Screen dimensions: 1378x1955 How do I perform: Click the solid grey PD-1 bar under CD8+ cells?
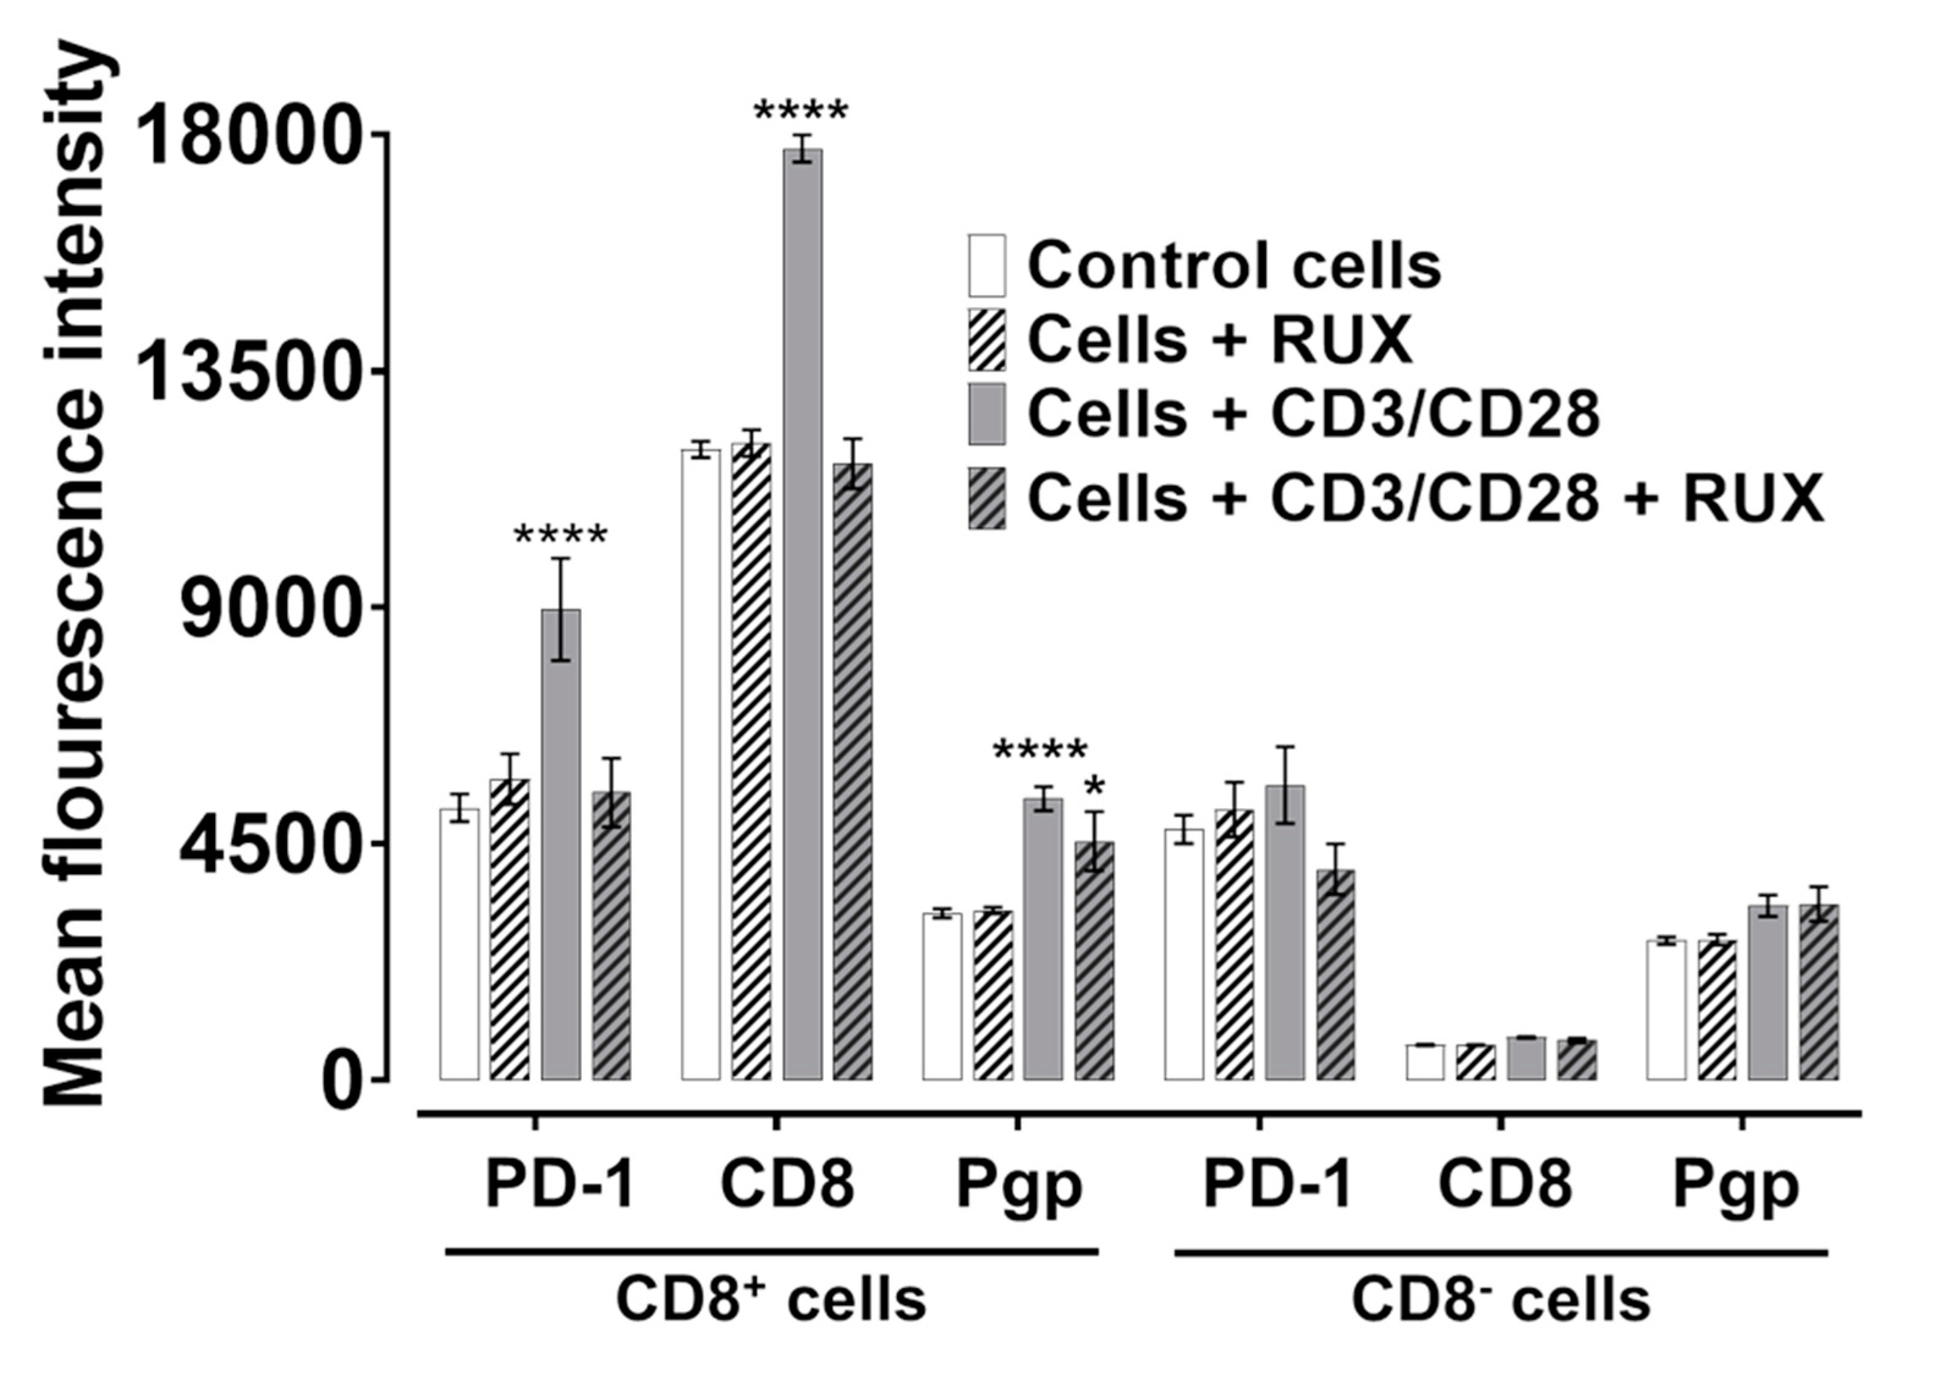pyautogui.click(x=560, y=843)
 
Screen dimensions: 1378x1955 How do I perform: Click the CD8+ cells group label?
pyautogui.click(x=771, y=1300)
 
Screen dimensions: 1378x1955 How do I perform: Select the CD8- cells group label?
pyautogui.click(x=1500, y=1300)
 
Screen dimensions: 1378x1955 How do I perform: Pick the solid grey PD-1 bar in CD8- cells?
pyautogui.click(x=1285, y=932)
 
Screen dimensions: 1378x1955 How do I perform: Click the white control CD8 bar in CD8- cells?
pyautogui.click(x=1425, y=1062)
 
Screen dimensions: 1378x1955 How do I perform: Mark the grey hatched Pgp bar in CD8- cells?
pyautogui.click(x=1818, y=991)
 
